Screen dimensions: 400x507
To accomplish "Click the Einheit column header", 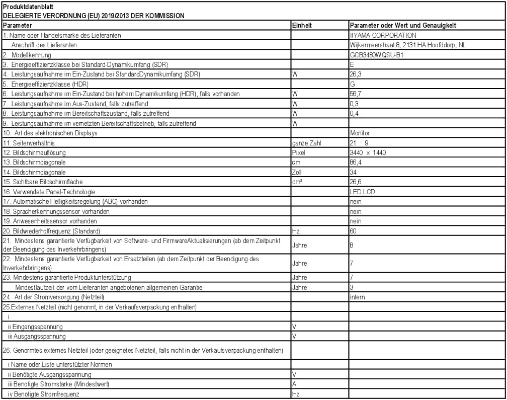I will tap(301, 25).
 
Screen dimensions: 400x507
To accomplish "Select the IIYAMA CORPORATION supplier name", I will tap(382, 35).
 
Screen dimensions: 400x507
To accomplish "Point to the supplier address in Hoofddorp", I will tap(407, 45).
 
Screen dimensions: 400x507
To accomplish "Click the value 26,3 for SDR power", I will tap(356, 74).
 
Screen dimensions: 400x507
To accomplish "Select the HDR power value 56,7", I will tap(356, 94).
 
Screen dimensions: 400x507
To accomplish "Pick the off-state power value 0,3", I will tap(354, 104).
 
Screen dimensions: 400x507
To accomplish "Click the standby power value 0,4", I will tap(354, 113).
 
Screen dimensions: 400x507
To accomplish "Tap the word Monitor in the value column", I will tap(360, 133).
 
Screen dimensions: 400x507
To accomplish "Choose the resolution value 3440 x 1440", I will tap(368, 152).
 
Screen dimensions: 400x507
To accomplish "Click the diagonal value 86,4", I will tap(356, 162).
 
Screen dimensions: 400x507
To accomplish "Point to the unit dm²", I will tap(297, 182).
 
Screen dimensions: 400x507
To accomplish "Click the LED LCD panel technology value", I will tap(362, 192).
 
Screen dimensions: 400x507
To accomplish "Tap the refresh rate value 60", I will tap(353, 231).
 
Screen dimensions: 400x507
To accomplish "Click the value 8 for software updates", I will tap(352, 244).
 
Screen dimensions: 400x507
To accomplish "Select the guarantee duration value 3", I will tap(352, 287).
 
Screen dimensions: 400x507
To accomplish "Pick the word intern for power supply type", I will tap(357, 297).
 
